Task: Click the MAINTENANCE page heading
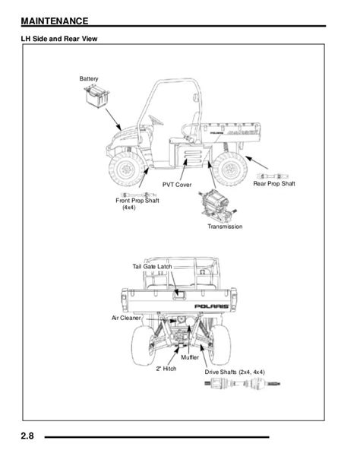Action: click(55, 21)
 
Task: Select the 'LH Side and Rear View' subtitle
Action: click(59, 39)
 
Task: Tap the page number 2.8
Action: click(27, 436)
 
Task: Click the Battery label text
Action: click(89, 79)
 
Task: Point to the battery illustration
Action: click(96, 96)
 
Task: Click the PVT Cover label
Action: click(177, 185)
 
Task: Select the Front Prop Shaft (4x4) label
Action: click(137, 204)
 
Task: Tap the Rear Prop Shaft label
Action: click(274, 184)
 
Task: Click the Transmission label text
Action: click(225, 227)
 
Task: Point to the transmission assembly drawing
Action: click(218, 205)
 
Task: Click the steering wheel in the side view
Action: click(156, 120)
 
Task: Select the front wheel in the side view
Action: click(127, 170)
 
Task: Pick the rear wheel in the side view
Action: click(229, 169)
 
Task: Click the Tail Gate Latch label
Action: click(152, 267)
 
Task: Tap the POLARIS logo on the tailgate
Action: click(211, 306)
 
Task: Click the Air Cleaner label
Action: click(126, 318)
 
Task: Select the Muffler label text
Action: click(190, 357)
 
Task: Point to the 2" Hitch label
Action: click(166, 369)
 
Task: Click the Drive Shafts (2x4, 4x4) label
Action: click(235, 372)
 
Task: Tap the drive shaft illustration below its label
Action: click(242, 383)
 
